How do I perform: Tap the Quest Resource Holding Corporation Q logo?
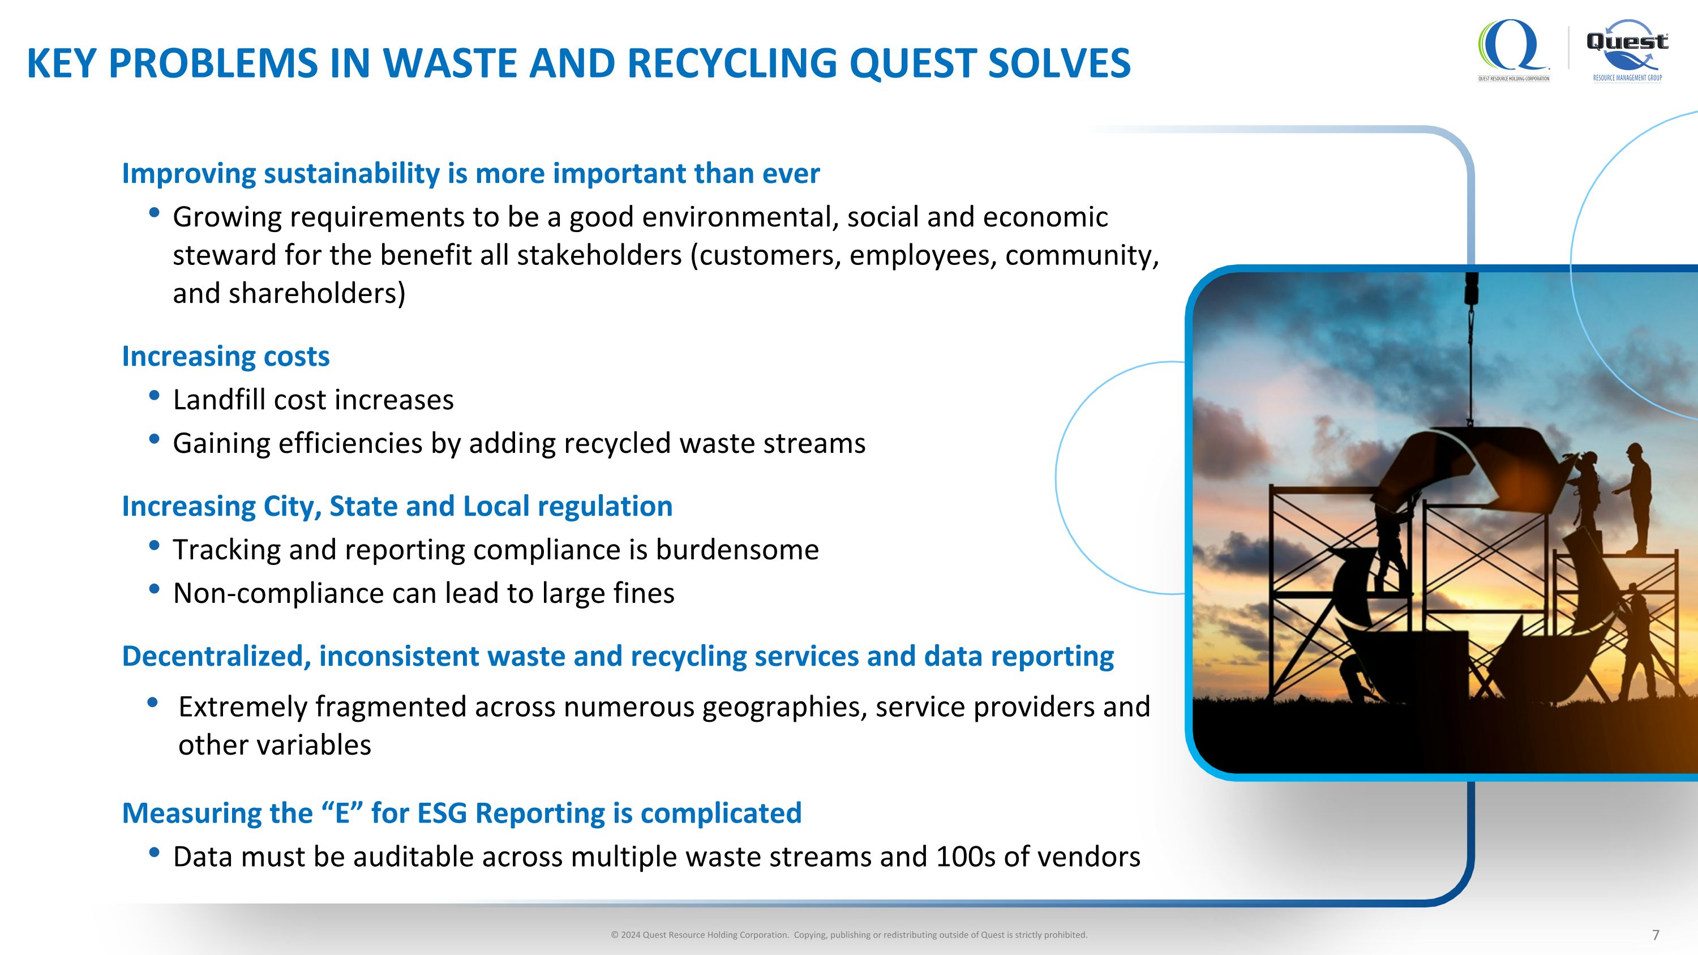click(1512, 48)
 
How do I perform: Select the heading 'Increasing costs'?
click(225, 357)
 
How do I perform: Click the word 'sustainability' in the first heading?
click(352, 174)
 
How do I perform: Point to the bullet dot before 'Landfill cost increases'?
click(155, 396)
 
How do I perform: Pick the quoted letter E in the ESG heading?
click(341, 813)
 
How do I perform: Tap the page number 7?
click(1655, 935)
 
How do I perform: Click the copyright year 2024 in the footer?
click(629, 935)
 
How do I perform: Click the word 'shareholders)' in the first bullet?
click(316, 294)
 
